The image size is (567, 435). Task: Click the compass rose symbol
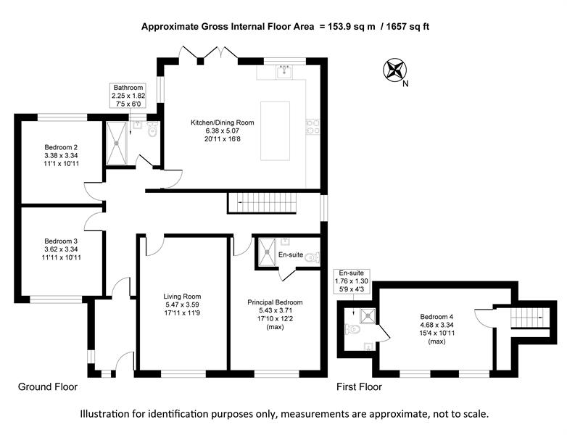[x=394, y=70]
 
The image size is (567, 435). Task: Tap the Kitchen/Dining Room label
[x=223, y=123]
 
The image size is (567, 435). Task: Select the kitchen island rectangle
[x=276, y=131]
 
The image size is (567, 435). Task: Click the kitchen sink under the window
[x=285, y=72]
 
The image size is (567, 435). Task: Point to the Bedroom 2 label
[x=61, y=147]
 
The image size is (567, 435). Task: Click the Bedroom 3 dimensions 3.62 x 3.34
[x=61, y=249]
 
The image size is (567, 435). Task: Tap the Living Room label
[x=182, y=297]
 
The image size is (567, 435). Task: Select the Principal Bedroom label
[x=275, y=302]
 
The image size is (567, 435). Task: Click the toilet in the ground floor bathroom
[x=153, y=130]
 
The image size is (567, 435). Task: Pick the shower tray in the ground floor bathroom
[x=117, y=143]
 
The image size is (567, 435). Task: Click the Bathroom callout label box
[x=128, y=96]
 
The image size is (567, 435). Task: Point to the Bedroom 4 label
[x=436, y=316]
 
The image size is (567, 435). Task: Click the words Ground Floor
[x=48, y=387]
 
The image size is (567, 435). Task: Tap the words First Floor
[x=359, y=387]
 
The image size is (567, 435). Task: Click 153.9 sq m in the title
[x=351, y=26]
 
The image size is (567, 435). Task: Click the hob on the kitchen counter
[x=313, y=127]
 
